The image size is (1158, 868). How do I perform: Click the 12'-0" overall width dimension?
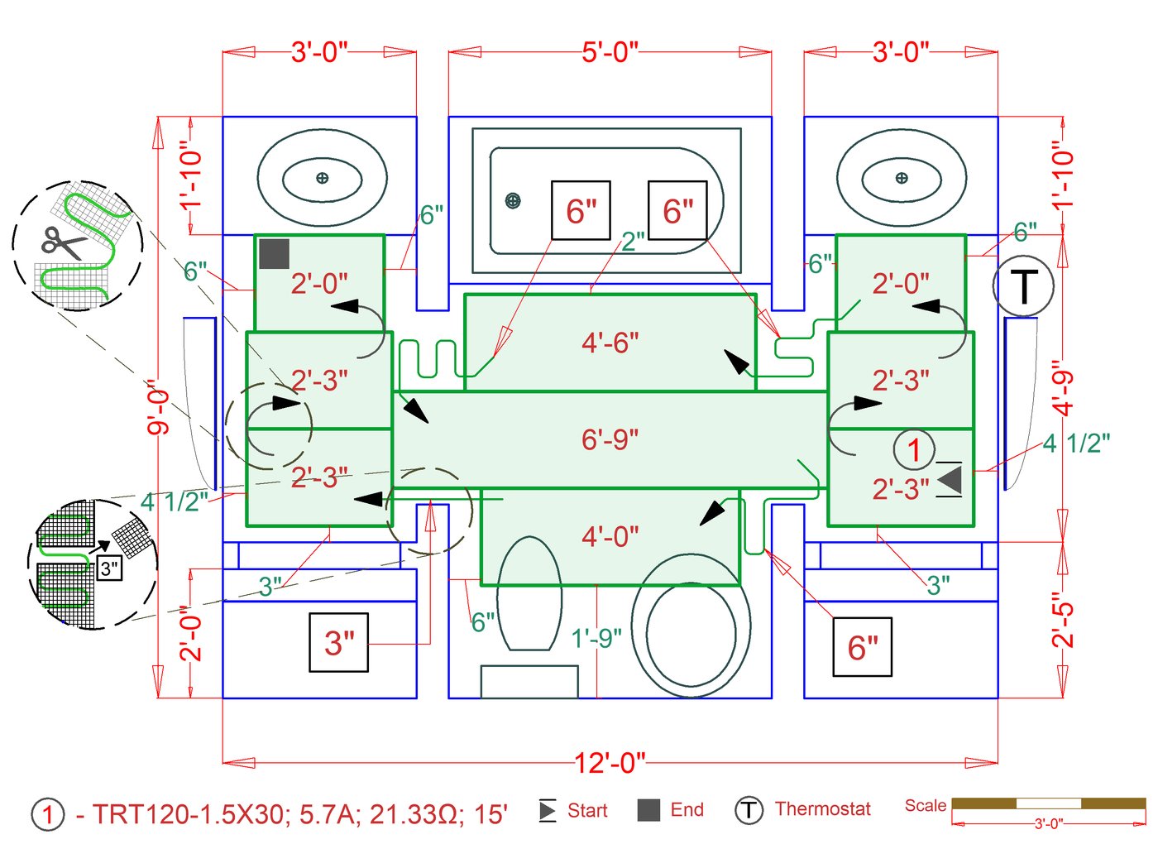(x=610, y=762)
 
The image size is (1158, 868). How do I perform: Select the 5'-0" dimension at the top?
(x=610, y=52)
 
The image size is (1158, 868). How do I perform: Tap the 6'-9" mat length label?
(x=610, y=439)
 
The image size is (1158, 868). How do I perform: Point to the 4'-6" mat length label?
(x=610, y=342)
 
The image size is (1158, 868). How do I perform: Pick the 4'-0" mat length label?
(x=610, y=536)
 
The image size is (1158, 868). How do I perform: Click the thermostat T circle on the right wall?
(x=1023, y=286)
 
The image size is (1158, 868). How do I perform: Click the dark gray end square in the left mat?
(x=274, y=254)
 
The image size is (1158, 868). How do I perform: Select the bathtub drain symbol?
(x=513, y=200)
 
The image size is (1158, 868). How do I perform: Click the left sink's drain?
(x=322, y=178)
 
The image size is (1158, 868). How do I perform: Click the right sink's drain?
(x=901, y=178)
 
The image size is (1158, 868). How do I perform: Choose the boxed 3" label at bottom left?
(x=338, y=642)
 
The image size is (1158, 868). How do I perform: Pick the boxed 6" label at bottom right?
(x=862, y=647)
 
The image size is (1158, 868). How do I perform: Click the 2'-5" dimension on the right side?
(x=1063, y=619)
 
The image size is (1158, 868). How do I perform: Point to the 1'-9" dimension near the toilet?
(x=596, y=638)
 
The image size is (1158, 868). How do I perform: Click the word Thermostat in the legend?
(x=822, y=809)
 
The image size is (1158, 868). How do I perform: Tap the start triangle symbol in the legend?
(x=547, y=810)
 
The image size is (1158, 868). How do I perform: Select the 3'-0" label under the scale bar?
(x=1048, y=824)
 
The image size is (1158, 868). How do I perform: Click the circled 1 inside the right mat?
(x=913, y=450)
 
